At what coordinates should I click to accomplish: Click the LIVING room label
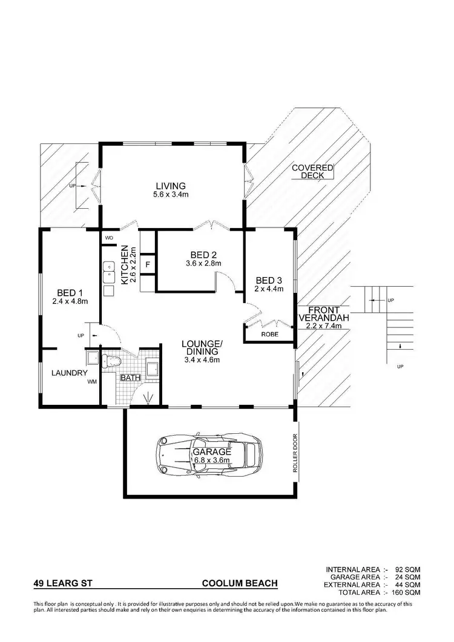pos(169,186)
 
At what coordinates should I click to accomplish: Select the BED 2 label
pos(203,254)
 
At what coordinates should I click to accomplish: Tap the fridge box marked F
pos(148,264)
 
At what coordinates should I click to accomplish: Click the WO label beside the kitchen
pos(110,238)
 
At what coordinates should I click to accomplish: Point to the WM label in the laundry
pos(91,382)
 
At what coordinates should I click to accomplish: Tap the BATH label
pos(130,378)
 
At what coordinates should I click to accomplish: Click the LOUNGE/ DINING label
pos(202,348)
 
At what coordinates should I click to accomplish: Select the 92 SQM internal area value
pos(407,569)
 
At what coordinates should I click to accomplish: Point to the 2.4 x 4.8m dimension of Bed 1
pos(70,301)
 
